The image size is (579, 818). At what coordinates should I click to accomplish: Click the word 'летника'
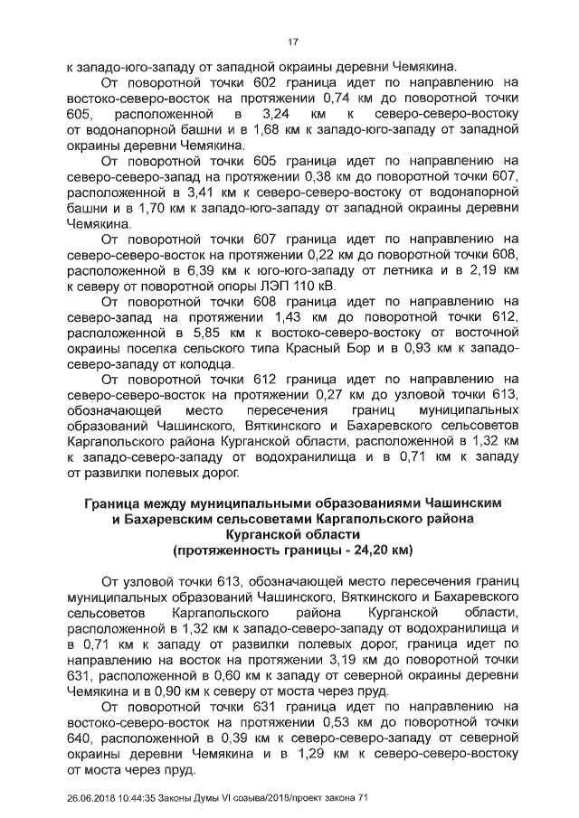click(x=409, y=269)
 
